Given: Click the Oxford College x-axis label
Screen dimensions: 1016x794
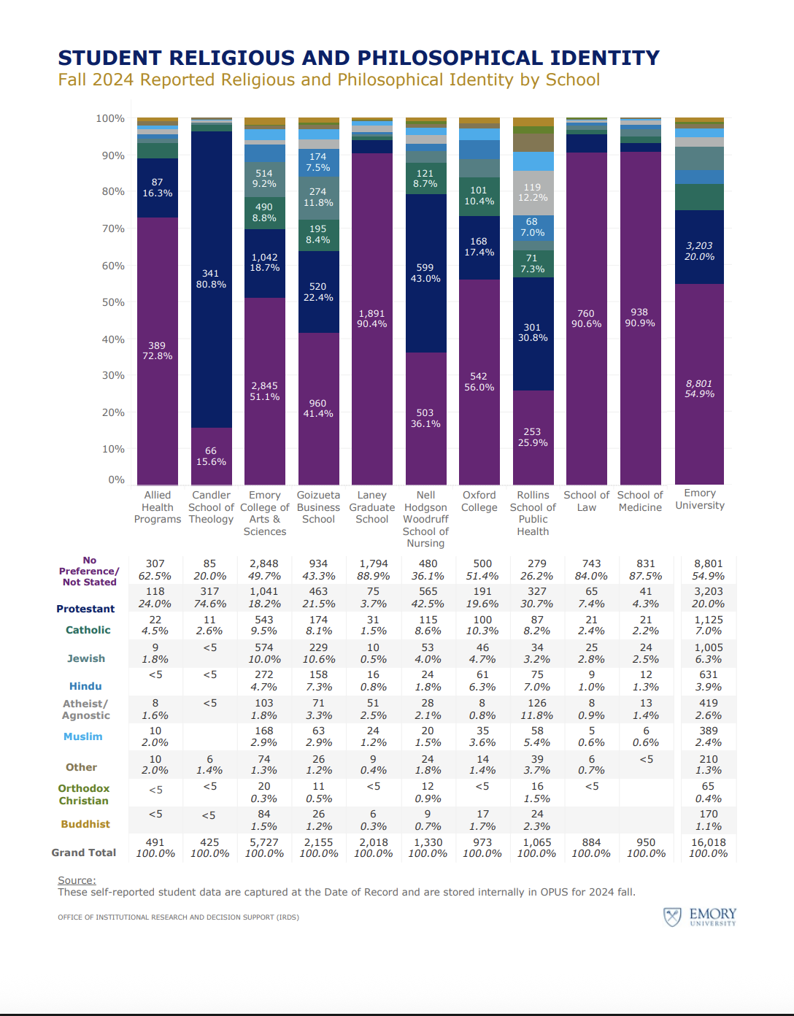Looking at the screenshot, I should point(479,501).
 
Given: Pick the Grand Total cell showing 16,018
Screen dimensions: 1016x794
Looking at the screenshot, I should point(708,842).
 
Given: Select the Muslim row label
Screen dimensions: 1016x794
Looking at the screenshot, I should point(83,736).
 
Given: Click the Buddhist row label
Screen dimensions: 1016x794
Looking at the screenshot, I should point(85,824).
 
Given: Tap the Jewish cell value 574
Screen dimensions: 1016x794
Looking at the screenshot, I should point(264,647).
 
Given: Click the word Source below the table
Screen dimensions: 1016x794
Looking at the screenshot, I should point(77,880).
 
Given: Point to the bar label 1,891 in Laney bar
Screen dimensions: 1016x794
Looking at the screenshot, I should point(371,313).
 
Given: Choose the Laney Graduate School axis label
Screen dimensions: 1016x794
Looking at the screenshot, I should point(371,507).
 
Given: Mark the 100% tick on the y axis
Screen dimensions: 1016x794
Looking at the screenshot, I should point(110,118).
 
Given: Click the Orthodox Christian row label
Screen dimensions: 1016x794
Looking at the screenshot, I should point(84,794).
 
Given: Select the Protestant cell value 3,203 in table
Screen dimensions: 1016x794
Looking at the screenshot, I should point(708,591).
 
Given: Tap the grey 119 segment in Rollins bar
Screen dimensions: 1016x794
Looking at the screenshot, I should point(533,192).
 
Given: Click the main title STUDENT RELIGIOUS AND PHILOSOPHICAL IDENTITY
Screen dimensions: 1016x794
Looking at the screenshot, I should point(358,58).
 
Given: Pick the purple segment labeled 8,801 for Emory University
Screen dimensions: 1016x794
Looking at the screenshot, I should point(699,384).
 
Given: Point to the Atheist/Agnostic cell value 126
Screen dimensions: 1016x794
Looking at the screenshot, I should point(537,703).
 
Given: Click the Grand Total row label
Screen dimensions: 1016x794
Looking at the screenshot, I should point(84,853).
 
